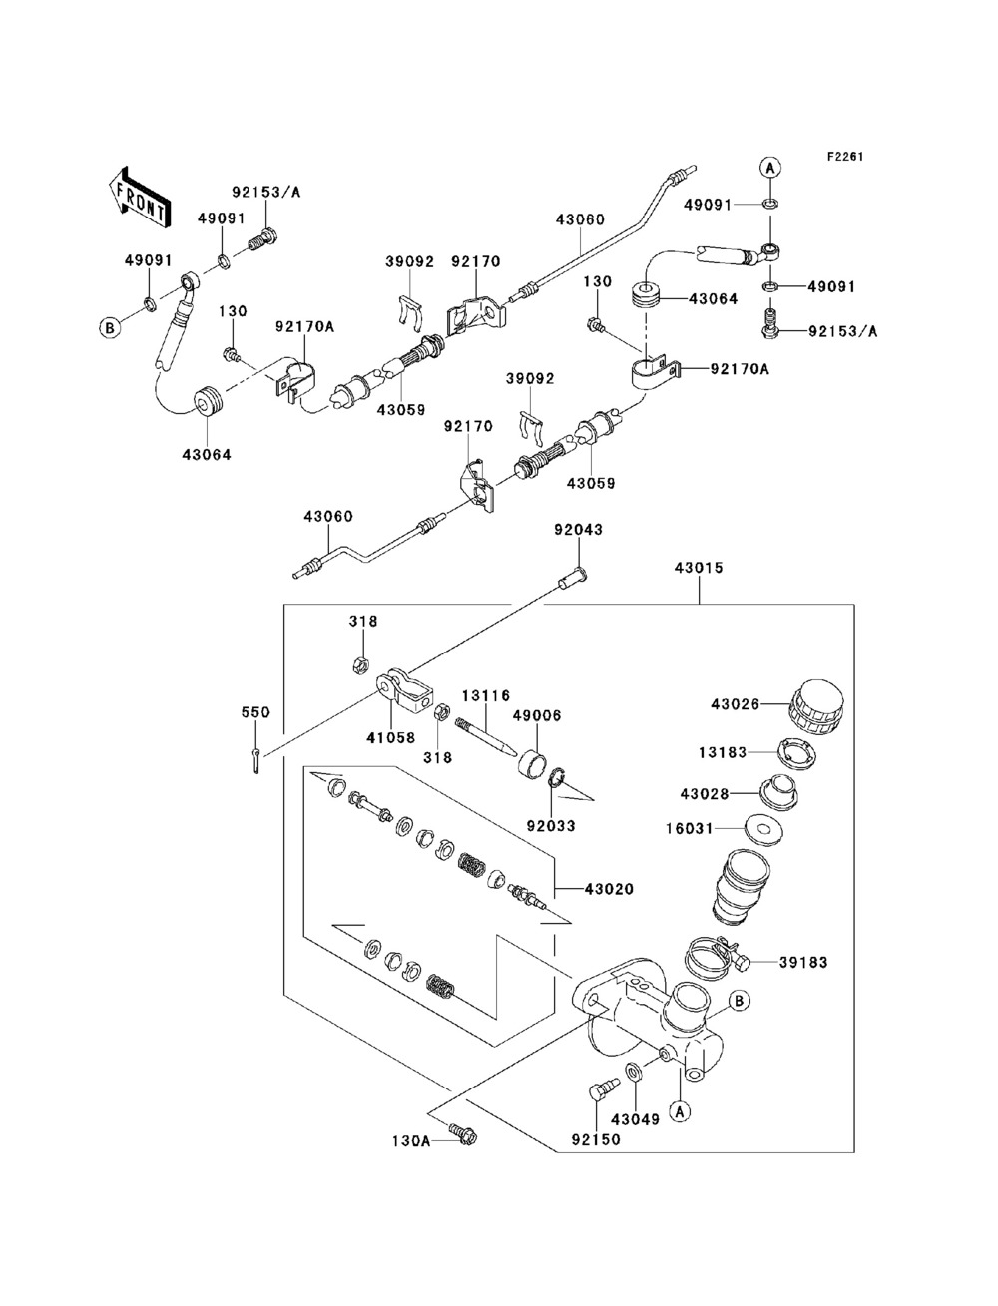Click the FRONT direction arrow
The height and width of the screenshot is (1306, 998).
pyautogui.click(x=137, y=193)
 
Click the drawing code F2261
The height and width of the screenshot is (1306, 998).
pyautogui.click(x=844, y=157)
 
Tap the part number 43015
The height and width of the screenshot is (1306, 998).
pyautogui.click(x=699, y=568)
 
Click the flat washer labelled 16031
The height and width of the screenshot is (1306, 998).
pyautogui.click(x=765, y=828)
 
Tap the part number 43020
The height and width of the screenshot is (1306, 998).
pyautogui.click(x=609, y=888)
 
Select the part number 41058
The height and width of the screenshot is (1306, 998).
pyautogui.click(x=389, y=739)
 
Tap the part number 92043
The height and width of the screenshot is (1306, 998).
pyautogui.click(x=579, y=530)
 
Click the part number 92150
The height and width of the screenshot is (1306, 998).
pyautogui.click(x=595, y=1138)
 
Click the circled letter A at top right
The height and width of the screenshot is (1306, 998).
pyautogui.click(x=770, y=168)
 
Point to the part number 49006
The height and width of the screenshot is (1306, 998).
pyautogui.click(x=537, y=715)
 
